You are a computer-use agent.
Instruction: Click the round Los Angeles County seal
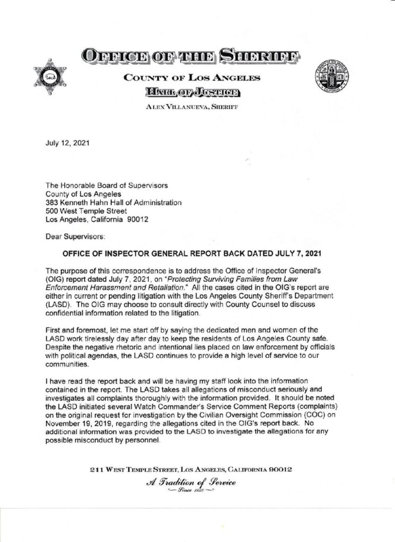(x=332, y=76)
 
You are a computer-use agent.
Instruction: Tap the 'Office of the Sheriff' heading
(x=191, y=55)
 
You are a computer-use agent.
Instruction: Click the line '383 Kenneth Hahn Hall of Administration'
(x=115, y=203)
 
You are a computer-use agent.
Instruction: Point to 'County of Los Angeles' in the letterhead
(x=191, y=78)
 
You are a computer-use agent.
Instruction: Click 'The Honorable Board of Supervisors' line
(x=107, y=185)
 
